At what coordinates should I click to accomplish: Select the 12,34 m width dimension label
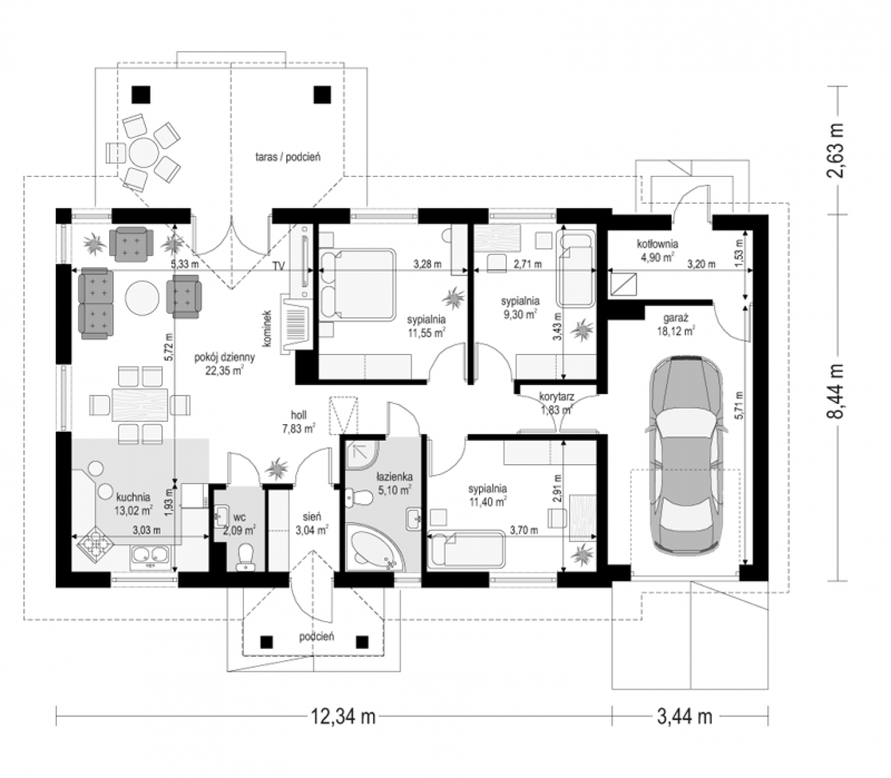coord(343,716)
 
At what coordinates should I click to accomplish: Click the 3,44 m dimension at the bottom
coord(684,716)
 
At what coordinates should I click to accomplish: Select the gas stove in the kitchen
coord(95,546)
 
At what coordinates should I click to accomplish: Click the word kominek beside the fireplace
coord(267,329)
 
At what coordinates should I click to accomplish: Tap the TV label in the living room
coord(278,266)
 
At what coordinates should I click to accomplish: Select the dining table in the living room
coord(140,405)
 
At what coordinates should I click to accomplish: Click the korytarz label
coord(557,396)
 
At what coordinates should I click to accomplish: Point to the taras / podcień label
coord(288,157)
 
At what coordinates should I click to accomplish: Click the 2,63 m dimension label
coord(835,150)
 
